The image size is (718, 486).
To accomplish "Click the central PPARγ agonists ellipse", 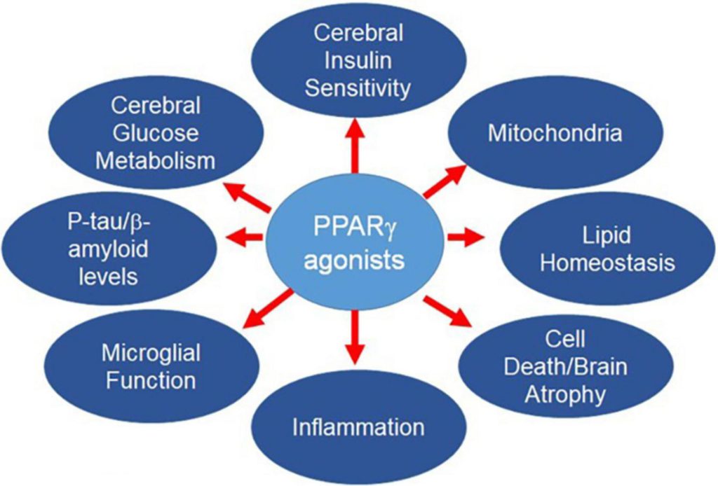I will point(358,238).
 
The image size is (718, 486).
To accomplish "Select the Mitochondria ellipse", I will point(555,133).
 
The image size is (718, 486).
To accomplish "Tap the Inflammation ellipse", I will point(358,427).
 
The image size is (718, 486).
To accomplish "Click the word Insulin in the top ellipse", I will point(358,61).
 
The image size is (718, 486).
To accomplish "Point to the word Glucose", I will point(155,133).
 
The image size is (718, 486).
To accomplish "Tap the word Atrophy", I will point(565,394).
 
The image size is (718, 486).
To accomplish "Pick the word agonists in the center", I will point(358,261).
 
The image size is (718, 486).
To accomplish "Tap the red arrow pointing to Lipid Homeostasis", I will point(466,238).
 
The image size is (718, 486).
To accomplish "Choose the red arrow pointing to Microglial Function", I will point(269,308).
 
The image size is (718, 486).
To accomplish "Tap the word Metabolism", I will point(155,160).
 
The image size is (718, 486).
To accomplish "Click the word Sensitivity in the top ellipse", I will point(358,88).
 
